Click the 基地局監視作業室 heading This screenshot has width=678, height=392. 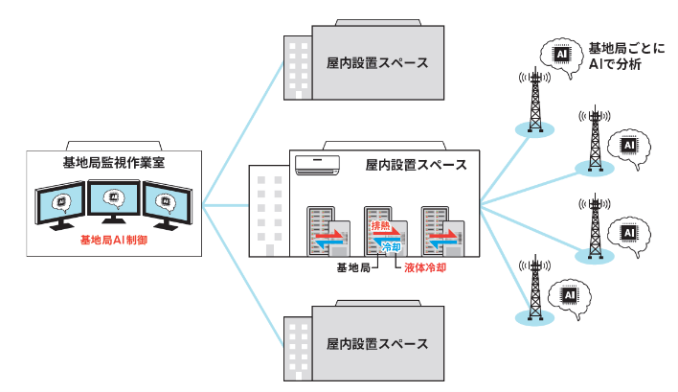point(113,162)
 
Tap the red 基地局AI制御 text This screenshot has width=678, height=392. point(113,240)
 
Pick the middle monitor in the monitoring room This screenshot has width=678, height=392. point(114,201)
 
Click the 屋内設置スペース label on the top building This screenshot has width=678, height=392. point(376,64)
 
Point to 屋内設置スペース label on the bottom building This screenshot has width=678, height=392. point(376,343)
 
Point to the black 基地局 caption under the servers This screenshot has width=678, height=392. point(351,269)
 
